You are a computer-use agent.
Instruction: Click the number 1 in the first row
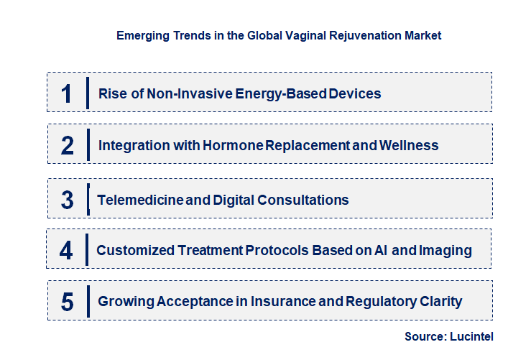click(67, 93)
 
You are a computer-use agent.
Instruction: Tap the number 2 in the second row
click(68, 145)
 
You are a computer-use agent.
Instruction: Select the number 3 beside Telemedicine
click(68, 200)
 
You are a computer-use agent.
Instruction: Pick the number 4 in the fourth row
click(66, 250)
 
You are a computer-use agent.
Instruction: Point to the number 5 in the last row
click(68, 302)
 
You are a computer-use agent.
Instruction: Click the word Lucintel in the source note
click(471, 336)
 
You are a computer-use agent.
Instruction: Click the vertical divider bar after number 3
click(87, 198)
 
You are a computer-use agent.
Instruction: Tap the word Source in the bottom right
click(425, 336)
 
